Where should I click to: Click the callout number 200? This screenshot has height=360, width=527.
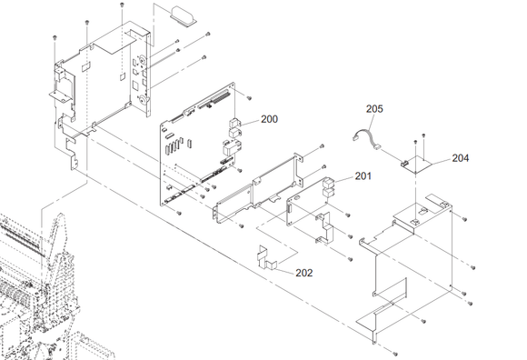pyautogui.click(x=269, y=119)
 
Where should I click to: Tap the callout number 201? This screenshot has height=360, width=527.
pyautogui.click(x=363, y=175)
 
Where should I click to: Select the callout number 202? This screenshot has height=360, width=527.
pyautogui.click(x=304, y=273)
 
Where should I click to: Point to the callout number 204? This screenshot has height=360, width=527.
pyautogui.click(x=460, y=157)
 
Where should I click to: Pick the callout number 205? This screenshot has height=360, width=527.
pyautogui.click(x=374, y=109)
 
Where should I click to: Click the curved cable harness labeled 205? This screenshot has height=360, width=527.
pyautogui.click(x=367, y=137)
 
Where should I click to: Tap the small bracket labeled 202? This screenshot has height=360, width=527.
pyautogui.click(x=266, y=258)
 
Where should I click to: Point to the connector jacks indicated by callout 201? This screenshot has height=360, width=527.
pyautogui.click(x=329, y=188)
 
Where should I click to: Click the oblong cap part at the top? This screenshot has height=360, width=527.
pyautogui.click(x=184, y=16)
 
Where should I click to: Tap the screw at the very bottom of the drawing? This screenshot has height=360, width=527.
pyautogui.click(x=395, y=354)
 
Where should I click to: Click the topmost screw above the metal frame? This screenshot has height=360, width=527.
pyautogui.click(x=122, y=5)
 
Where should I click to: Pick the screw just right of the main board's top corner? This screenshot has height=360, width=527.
pyautogui.click(x=249, y=98)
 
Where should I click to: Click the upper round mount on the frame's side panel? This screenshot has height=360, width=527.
pyautogui.click(x=143, y=61)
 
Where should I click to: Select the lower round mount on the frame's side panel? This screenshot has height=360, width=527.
pyautogui.click(x=143, y=99)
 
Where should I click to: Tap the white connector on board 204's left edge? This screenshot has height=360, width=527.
pyautogui.click(x=403, y=164)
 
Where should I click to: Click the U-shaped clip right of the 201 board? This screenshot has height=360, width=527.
pyautogui.click(x=324, y=227)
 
